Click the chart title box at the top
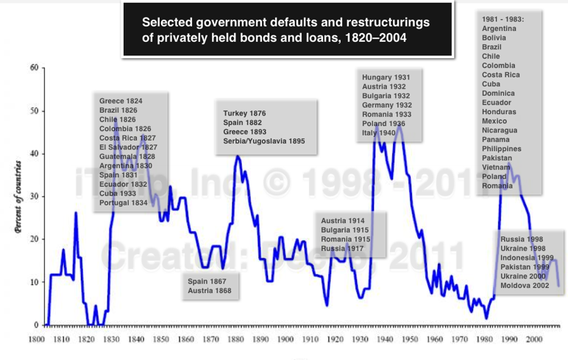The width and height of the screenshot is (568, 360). point(287,29)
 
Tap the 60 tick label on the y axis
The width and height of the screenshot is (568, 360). point(33,68)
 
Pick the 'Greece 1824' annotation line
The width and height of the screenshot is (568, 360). point(121,101)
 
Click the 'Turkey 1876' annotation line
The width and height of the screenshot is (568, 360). point(244,113)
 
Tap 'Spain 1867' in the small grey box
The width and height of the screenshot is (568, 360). point(208,281)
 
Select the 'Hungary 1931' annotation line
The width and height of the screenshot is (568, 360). point(386,77)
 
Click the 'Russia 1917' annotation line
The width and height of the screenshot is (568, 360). point(343,248)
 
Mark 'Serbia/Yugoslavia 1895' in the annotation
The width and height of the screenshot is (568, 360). point(263,141)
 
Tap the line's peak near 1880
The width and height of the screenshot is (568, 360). point(237,156)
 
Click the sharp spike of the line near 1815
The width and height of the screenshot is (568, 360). point(75,213)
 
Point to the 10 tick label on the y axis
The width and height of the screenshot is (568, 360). point(33,282)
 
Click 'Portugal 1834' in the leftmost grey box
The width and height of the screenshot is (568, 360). point(124,202)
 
